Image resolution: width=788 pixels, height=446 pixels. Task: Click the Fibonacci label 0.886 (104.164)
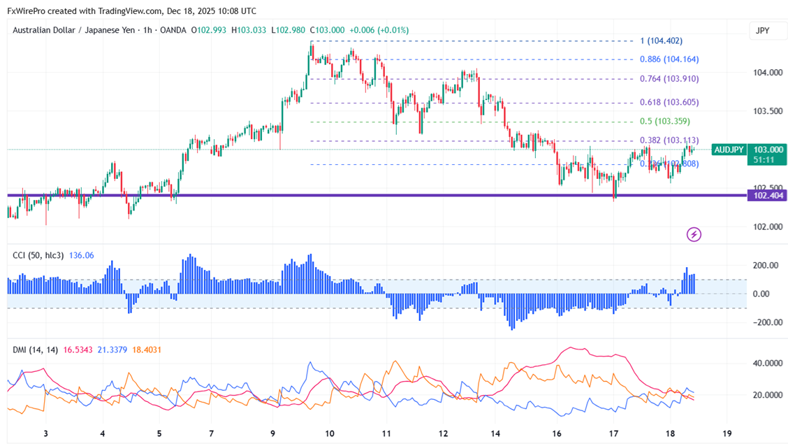669,59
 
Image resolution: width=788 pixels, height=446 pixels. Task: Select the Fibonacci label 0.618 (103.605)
669,103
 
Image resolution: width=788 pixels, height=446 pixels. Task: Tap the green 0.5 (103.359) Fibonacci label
665,122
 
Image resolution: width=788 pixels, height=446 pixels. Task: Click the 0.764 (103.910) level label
669,79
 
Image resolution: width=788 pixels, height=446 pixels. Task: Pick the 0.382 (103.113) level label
669,141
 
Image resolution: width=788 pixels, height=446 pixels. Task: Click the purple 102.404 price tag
767,196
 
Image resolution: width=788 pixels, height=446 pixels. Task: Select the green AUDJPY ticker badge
729,150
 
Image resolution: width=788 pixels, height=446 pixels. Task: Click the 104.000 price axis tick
767,73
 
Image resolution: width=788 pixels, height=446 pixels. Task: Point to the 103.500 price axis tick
767,111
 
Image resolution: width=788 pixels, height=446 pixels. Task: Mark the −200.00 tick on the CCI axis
766,322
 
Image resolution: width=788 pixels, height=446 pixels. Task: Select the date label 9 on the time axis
273,433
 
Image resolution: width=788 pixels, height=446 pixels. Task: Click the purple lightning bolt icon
694,234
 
